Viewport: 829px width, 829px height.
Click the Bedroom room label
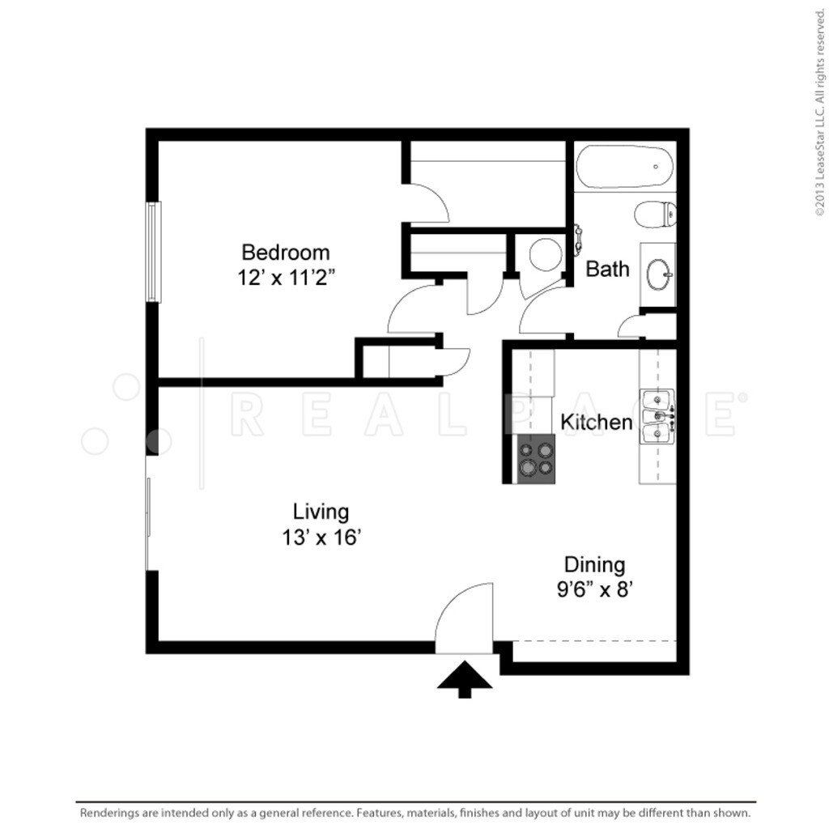point(286,252)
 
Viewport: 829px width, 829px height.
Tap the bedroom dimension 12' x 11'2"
point(286,278)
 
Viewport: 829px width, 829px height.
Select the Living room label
point(321,512)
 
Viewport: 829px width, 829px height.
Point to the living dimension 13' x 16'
point(321,538)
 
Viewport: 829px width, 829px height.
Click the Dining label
point(594,564)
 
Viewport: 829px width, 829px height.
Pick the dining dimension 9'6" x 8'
point(594,589)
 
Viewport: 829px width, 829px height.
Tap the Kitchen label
point(597,422)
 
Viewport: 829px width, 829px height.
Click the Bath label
point(607,269)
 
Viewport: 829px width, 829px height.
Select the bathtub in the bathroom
point(624,168)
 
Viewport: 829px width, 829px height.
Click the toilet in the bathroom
point(655,215)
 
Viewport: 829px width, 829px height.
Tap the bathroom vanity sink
point(658,274)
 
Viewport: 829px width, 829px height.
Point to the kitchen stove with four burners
point(536,459)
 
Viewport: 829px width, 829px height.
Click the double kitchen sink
point(657,417)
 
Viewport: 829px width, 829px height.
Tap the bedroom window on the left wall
point(153,252)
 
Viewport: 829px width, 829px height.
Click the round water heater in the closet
point(545,254)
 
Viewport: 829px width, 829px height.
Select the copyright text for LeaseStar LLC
point(819,109)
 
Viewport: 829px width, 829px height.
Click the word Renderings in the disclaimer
point(108,812)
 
